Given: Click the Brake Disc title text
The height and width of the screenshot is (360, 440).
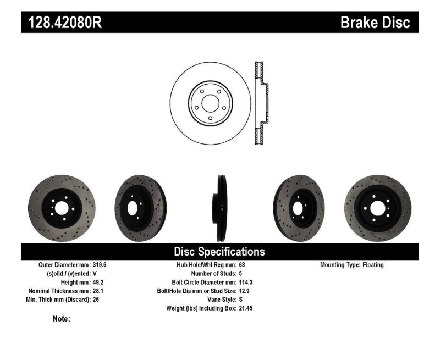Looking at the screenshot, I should point(375,23).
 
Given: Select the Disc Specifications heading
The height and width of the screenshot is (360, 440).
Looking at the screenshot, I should point(219,252).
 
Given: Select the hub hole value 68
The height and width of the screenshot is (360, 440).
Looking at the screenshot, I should point(243,265).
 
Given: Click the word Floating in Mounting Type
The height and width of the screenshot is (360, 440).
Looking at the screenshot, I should point(373,265).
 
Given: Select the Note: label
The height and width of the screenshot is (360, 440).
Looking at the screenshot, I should point(61,319).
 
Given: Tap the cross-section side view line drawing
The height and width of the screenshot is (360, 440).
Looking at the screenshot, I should point(261,103).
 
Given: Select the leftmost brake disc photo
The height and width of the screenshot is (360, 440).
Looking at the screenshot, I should point(61,207).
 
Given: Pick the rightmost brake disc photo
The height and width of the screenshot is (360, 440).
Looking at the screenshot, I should point(378,207).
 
